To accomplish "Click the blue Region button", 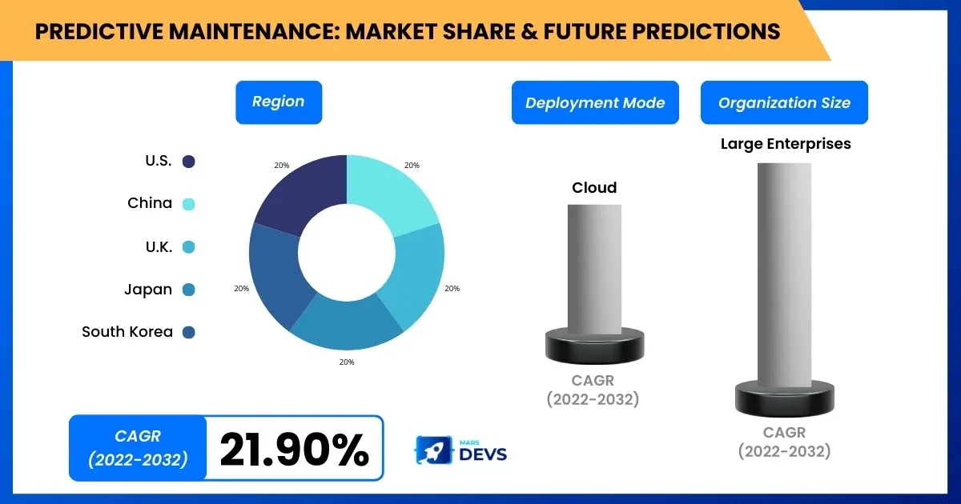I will click(x=279, y=102).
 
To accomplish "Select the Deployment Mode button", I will click(x=595, y=102).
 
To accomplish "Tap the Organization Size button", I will click(x=784, y=102).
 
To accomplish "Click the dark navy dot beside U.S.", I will click(x=189, y=162).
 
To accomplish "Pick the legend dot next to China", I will click(x=189, y=204).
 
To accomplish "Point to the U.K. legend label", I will click(x=159, y=246).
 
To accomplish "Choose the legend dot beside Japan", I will click(x=189, y=290).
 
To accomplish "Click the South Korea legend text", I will click(x=127, y=331).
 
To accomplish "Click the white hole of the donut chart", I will click(x=346, y=253).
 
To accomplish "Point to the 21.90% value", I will click(x=294, y=449).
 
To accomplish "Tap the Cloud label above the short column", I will click(x=594, y=188).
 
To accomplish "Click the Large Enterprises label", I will click(x=785, y=144).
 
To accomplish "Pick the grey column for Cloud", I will click(x=594, y=268).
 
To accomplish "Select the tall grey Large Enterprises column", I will click(x=784, y=272).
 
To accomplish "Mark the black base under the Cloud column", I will click(x=594, y=346).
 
